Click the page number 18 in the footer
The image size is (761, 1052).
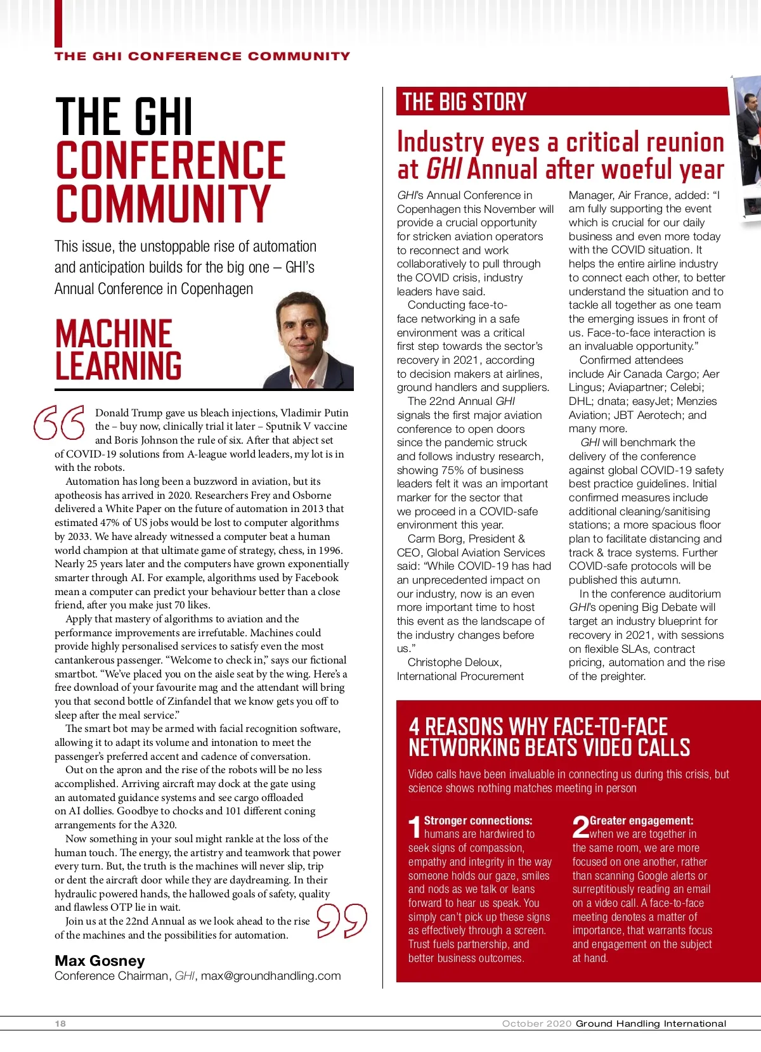coord(60,1023)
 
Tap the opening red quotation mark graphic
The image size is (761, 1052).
coord(59,422)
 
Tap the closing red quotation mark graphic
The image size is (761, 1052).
coord(342,920)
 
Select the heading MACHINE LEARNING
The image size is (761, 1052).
coord(119,350)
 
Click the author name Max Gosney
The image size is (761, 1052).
coord(100,961)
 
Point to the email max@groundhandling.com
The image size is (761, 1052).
coord(271,976)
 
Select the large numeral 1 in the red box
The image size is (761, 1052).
coord(415,828)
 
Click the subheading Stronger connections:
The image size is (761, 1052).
coord(478,821)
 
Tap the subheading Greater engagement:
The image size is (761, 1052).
coord(641,821)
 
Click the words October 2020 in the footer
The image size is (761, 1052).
coord(537,1023)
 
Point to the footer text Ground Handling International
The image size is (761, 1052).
coord(651,1023)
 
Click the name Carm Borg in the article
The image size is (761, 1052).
coord(435,539)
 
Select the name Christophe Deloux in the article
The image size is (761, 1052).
coord(455,662)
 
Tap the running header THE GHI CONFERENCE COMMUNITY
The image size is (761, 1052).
coord(202,56)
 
